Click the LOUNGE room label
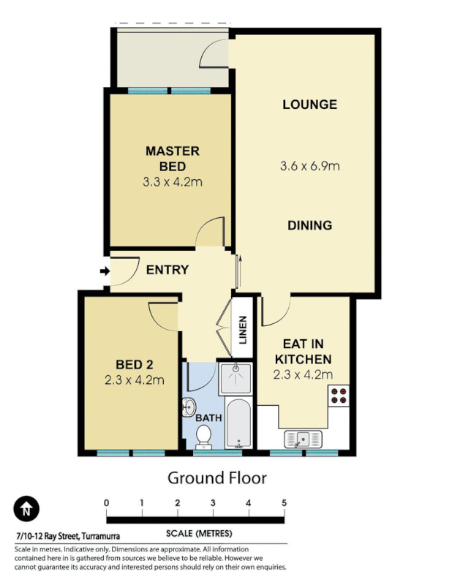point(309,105)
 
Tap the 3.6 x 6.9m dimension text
point(310,166)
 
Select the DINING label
point(309,225)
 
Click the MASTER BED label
point(172,159)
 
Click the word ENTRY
point(167,270)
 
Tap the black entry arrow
point(105,273)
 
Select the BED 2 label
point(134,364)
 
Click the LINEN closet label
point(243,329)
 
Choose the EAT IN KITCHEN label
point(303,352)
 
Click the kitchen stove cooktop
point(339,396)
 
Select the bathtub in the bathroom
point(238,423)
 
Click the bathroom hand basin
point(189,407)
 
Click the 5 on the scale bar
point(284,503)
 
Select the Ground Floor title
point(217,478)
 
